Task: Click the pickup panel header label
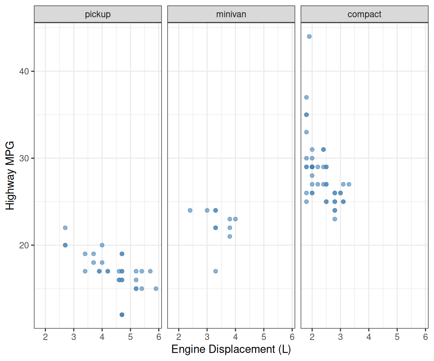(x=98, y=15)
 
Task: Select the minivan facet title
(x=231, y=15)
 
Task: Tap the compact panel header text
(x=364, y=15)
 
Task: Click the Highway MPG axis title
(x=10, y=175)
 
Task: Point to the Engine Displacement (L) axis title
(x=231, y=349)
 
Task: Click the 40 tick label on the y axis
(x=24, y=71)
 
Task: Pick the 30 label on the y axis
(x=24, y=158)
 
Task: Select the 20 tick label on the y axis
(x=24, y=245)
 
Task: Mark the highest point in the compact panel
(x=309, y=36)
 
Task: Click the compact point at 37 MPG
(x=306, y=97)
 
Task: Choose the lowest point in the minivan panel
(x=215, y=271)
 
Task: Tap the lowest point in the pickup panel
(x=122, y=314)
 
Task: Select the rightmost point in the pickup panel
(x=156, y=288)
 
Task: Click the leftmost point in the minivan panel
(x=190, y=210)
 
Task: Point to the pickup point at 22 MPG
(x=65, y=228)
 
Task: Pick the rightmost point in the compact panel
(x=349, y=184)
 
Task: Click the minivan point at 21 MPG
(x=230, y=237)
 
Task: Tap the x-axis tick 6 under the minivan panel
(x=292, y=336)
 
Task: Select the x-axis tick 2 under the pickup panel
(x=45, y=336)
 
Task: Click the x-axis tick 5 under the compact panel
(x=397, y=336)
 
